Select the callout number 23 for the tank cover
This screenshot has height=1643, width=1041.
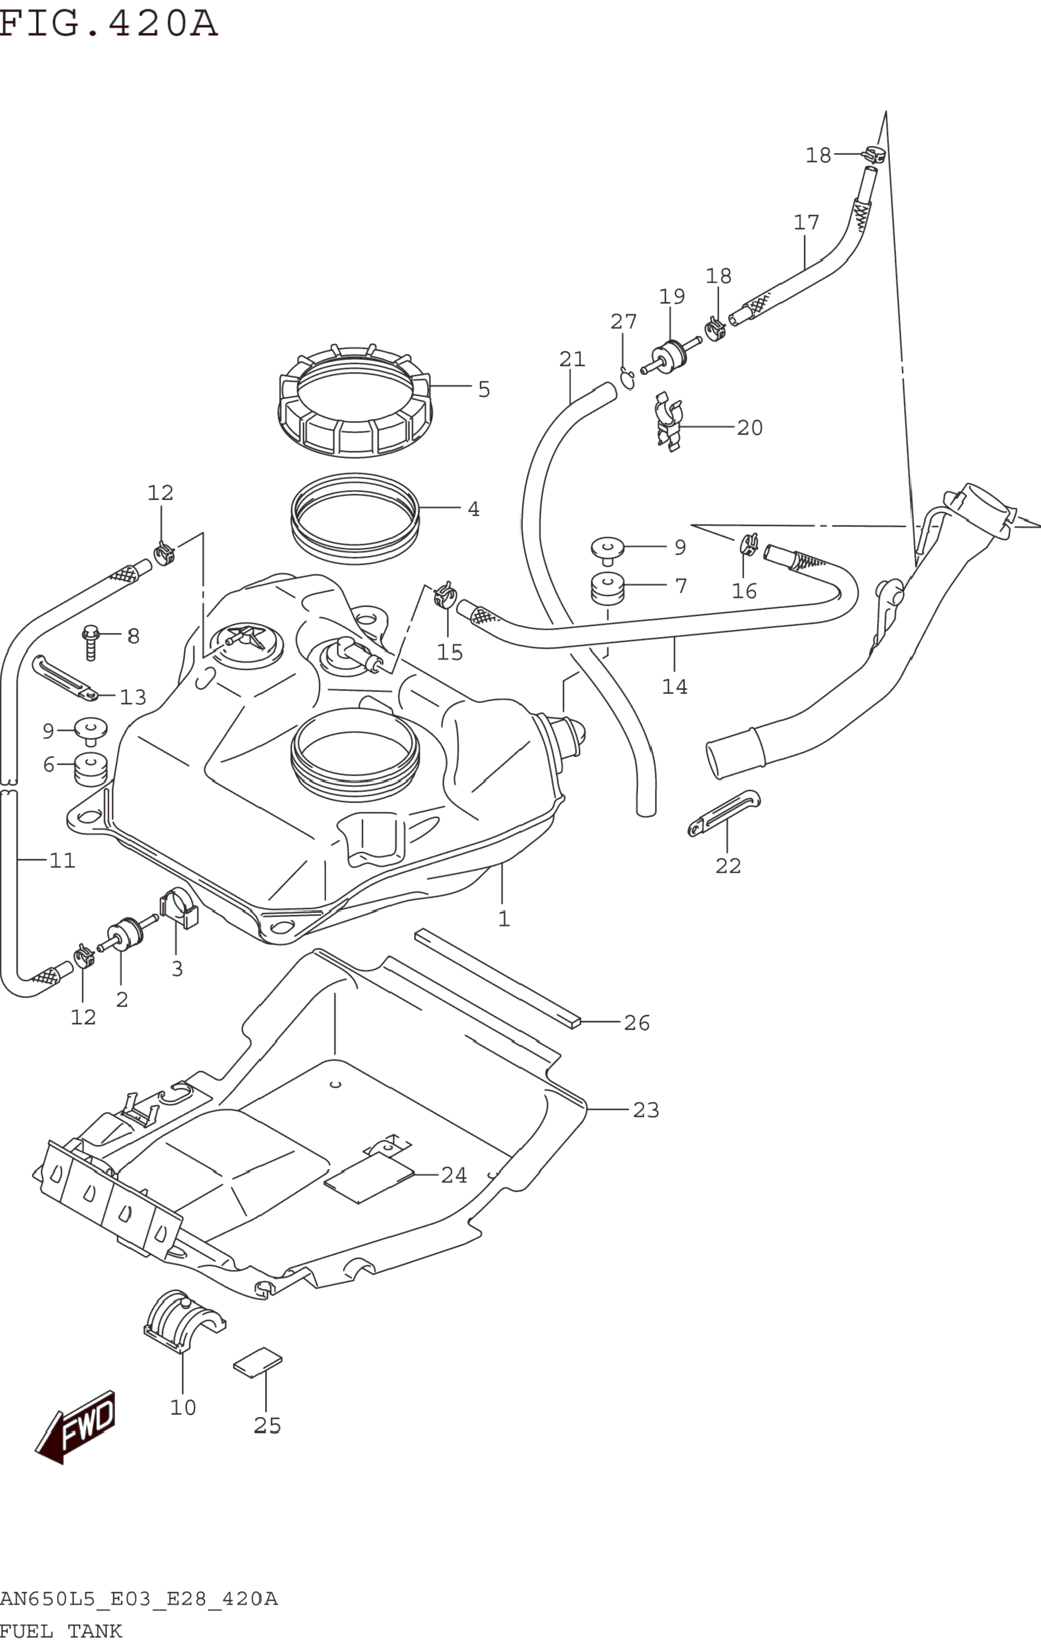(645, 1110)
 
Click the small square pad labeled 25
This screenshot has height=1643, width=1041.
(257, 1362)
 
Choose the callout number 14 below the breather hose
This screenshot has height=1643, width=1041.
(674, 686)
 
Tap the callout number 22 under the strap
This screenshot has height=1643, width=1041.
(727, 866)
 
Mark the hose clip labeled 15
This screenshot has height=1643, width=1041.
(445, 596)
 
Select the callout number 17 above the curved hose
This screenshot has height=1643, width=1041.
(806, 223)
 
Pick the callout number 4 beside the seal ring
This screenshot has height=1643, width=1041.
(473, 509)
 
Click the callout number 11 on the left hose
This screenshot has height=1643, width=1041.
(62, 861)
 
